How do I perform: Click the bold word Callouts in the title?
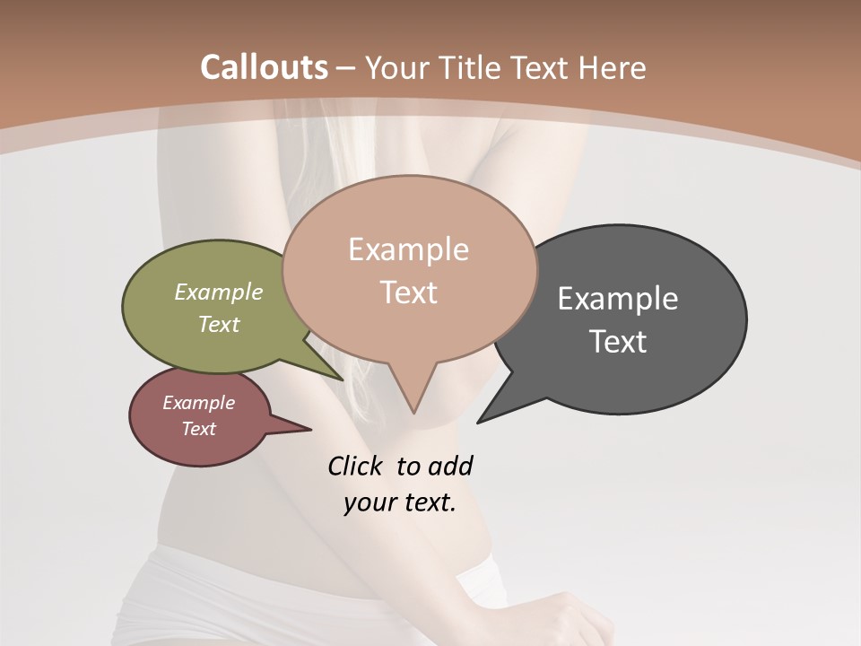point(264,67)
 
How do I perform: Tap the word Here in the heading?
point(612,67)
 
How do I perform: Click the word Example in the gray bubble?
point(617,299)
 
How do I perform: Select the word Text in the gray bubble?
point(618,341)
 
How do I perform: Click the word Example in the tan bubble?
point(408,249)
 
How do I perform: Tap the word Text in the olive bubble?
point(219,324)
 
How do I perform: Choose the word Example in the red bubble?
point(198,403)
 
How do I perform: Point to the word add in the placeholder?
point(450,466)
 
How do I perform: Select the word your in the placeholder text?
point(367,502)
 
